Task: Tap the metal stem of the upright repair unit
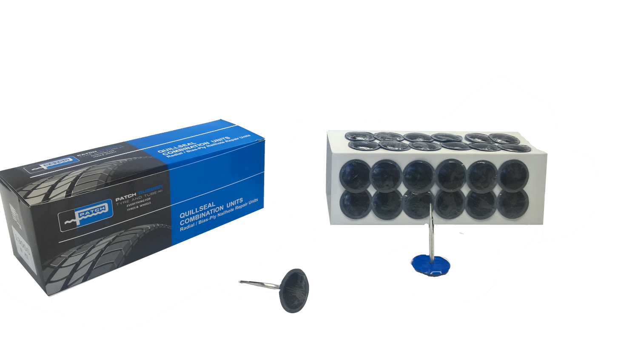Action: coord(432,230)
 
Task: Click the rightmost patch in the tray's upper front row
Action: coord(513,174)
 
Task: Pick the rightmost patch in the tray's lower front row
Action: coord(512,204)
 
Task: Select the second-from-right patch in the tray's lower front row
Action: coord(481,204)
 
